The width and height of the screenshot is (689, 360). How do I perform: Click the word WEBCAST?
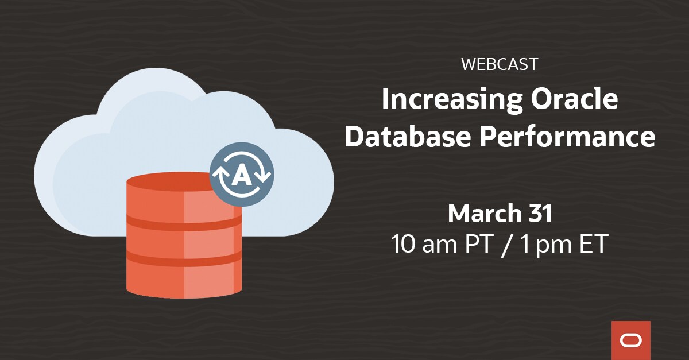click(499, 64)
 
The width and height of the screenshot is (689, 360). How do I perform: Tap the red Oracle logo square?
click(631, 340)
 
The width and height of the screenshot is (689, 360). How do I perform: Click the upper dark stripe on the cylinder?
click(184, 222)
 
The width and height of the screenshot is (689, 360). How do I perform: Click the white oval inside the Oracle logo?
click(631, 340)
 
